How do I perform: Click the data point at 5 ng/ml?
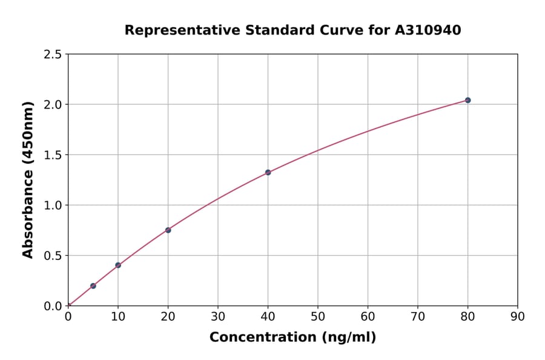pyautogui.click(x=93, y=285)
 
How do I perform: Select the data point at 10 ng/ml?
pyautogui.click(x=118, y=265)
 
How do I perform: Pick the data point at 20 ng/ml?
pyautogui.click(x=168, y=230)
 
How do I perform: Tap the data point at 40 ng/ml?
pyautogui.click(x=268, y=172)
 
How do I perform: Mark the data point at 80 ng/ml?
pyautogui.click(x=467, y=100)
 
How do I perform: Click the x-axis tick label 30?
pyautogui.click(x=218, y=316)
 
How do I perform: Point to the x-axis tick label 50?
pyautogui.click(x=318, y=316)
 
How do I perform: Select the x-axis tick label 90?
pyautogui.click(x=518, y=316)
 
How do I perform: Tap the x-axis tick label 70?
pyautogui.click(x=418, y=316)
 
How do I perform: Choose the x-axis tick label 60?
pyautogui.click(x=368, y=316)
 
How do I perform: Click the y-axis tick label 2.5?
pyautogui.click(x=53, y=55)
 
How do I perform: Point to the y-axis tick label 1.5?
pyautogui.click(x=53, y=155)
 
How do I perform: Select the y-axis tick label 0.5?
pyautogui.click(x=53, y=256)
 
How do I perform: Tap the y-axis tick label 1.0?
pyautogui.click(x=53, y=205)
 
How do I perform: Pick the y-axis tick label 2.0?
pyautogui.click(x=53, y=105)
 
